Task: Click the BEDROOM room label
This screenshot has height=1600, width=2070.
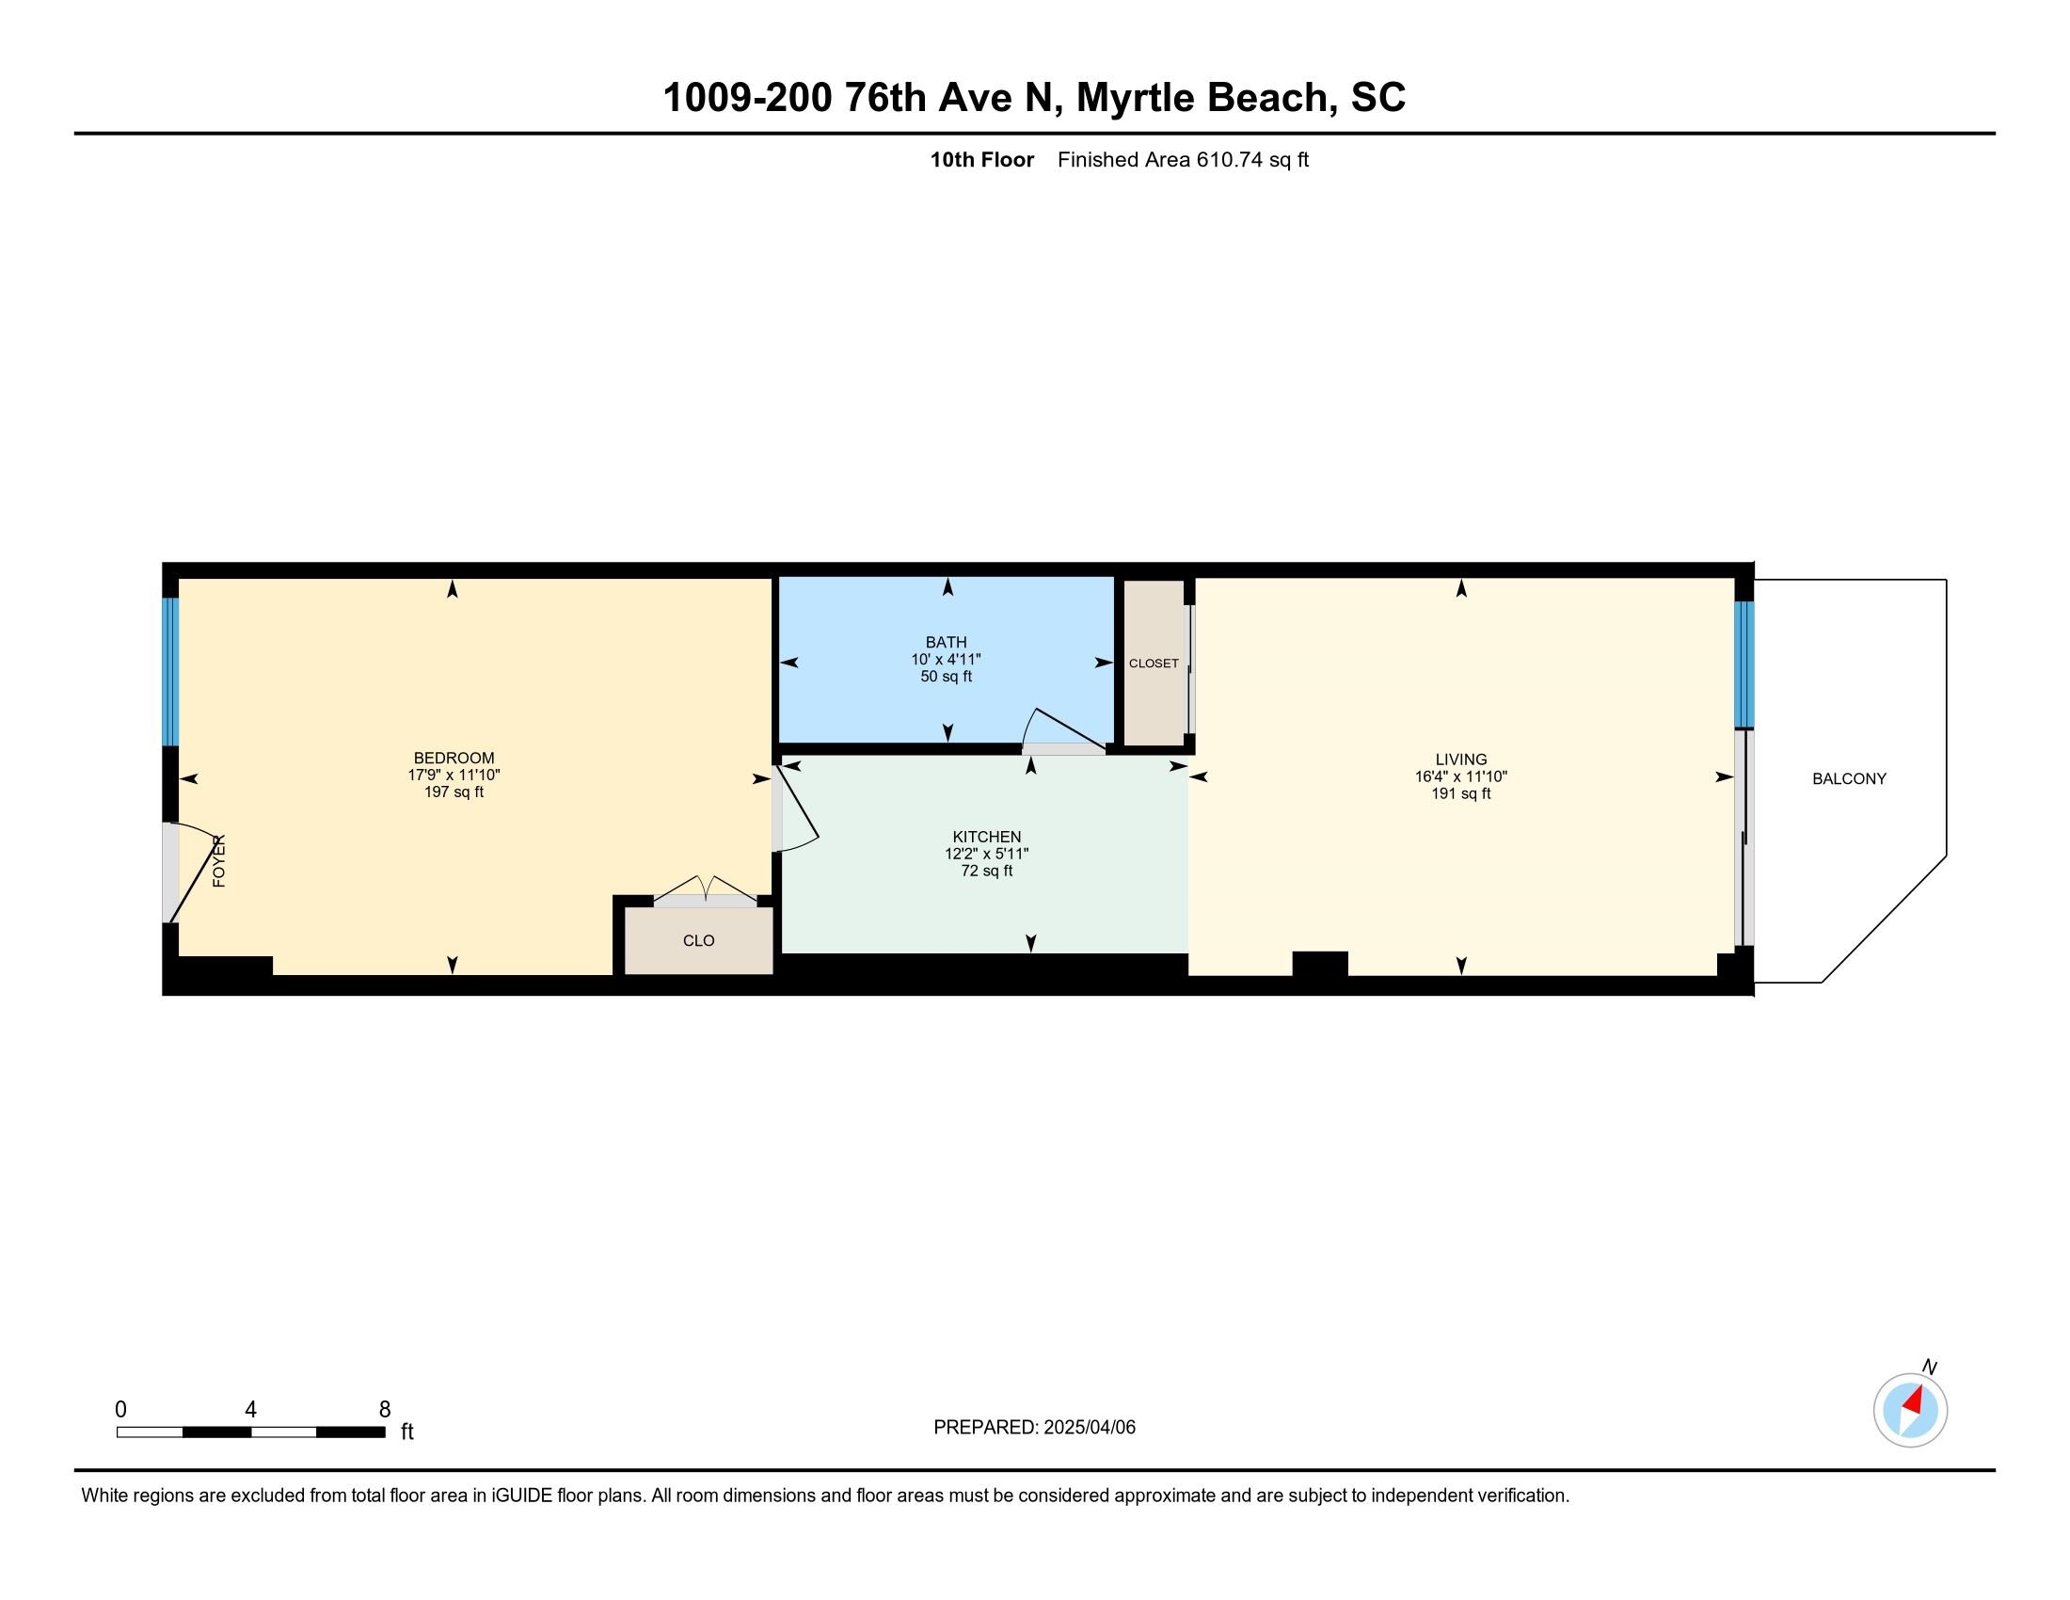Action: coord(454,759)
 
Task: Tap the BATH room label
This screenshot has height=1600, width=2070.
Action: coord(946,643)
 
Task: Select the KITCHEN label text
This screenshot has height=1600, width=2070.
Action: coord(987,837)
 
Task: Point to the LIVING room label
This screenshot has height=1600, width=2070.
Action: coord(1460,760)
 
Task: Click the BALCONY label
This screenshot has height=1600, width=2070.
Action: coord(1849,779)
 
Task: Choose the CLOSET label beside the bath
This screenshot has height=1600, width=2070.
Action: coord(1154,664)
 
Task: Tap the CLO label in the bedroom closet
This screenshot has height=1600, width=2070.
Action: coord(698,940)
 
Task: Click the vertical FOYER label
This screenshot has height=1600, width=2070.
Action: coord(219,860)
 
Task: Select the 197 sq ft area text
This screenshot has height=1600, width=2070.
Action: coord(454,792)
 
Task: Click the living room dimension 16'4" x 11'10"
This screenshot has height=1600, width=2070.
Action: coord(1460,776)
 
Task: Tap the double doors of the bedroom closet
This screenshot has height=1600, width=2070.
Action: coord(705,891)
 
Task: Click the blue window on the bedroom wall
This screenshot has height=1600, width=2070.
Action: coord(170,672)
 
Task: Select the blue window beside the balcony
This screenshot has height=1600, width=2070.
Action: coord(1744,664)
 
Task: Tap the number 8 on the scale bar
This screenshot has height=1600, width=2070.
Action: coord(385,1410)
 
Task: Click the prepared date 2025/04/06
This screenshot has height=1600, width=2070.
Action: coord(1088,1428)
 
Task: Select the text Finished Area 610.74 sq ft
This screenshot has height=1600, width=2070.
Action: coord(1183,160)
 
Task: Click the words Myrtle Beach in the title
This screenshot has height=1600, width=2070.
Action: coord(1202,99)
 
